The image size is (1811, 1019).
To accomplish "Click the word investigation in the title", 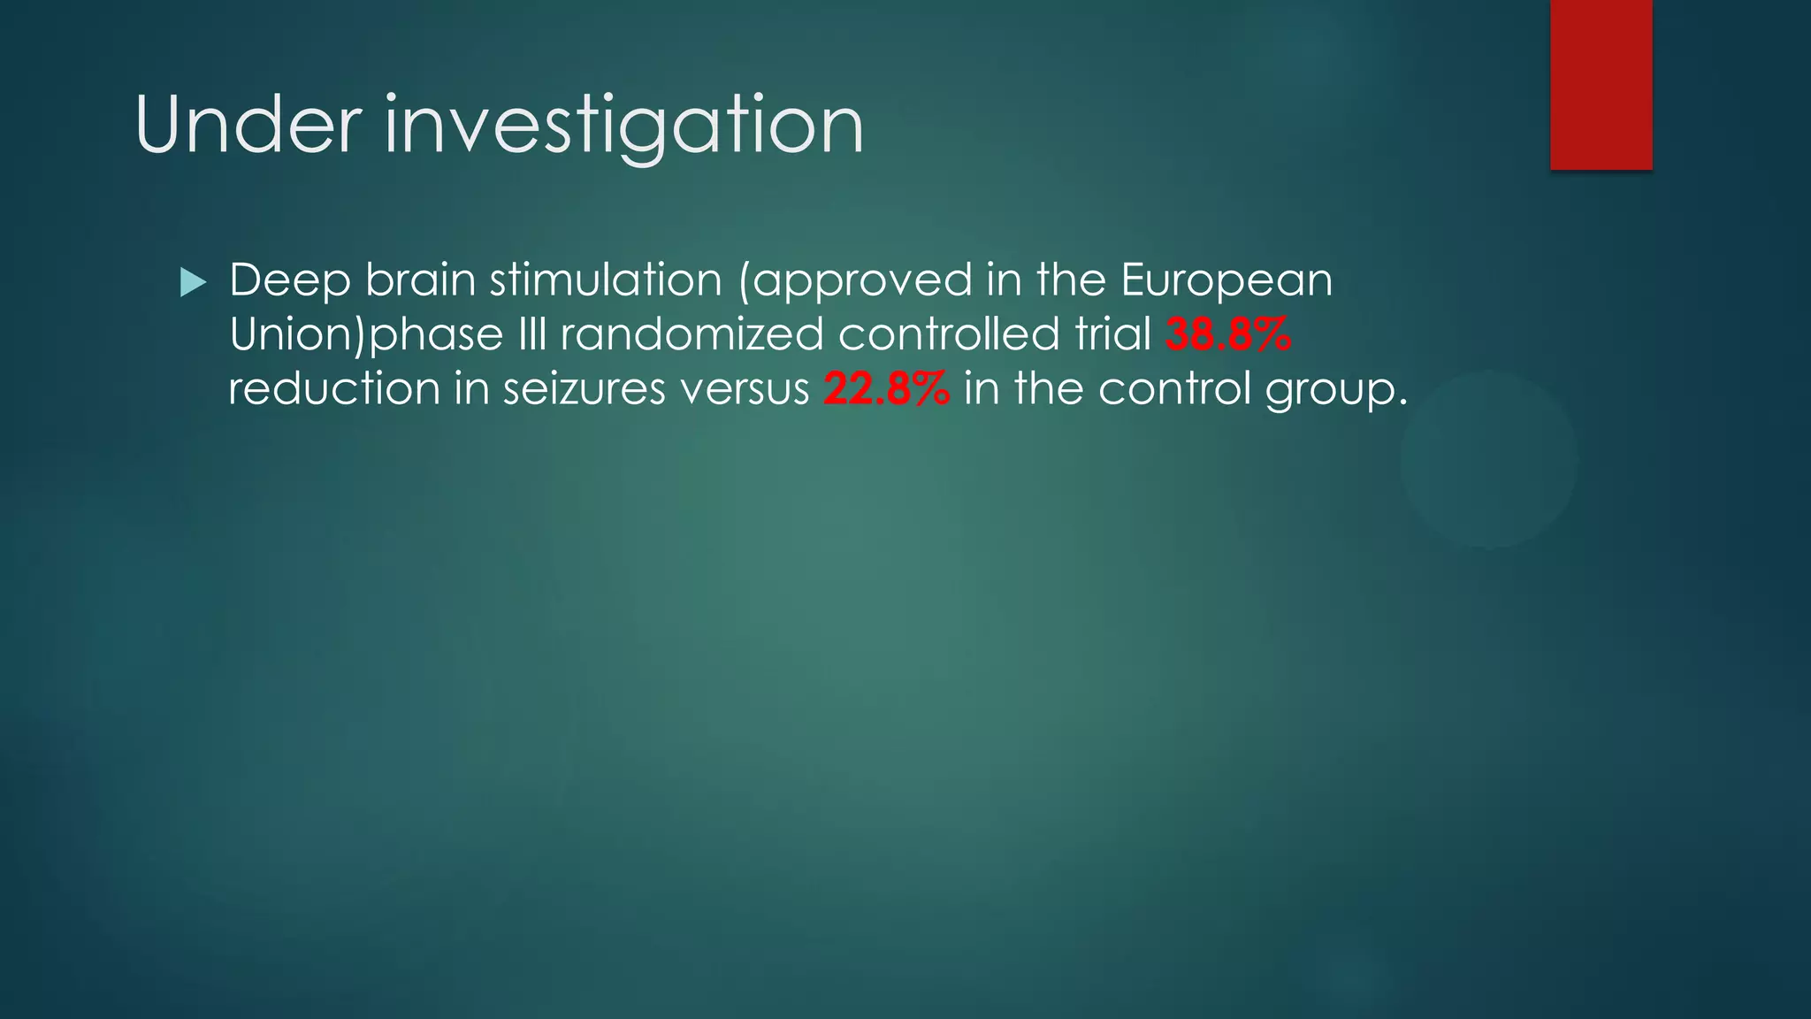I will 623,126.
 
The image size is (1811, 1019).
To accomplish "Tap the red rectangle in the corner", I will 1601,84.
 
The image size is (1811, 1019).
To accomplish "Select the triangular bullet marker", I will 192,283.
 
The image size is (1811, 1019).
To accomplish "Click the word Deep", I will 290,281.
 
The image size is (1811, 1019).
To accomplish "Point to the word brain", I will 420,280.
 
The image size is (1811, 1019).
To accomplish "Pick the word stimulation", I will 606,280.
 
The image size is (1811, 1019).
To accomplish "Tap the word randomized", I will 692,335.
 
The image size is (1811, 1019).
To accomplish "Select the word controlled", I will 949,335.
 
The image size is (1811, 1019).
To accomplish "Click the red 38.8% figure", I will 1228,335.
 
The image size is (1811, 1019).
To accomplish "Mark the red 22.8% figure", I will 886,389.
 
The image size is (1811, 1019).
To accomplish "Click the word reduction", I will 334,389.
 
